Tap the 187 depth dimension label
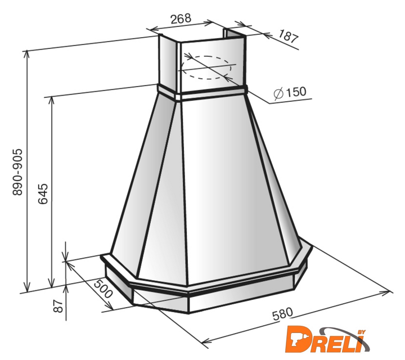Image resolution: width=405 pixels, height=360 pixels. (289, 37)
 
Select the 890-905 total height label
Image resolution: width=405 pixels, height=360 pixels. (18, 172)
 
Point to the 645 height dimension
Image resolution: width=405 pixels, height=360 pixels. (43, 193)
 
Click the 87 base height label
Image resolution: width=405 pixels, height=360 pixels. (58, 306)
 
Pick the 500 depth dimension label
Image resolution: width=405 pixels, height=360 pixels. (103, 289)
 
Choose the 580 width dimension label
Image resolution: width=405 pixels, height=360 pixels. (283, 314)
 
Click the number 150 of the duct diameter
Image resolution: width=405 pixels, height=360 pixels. (296, 92)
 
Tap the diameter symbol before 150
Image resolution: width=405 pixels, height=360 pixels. (278, 93)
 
